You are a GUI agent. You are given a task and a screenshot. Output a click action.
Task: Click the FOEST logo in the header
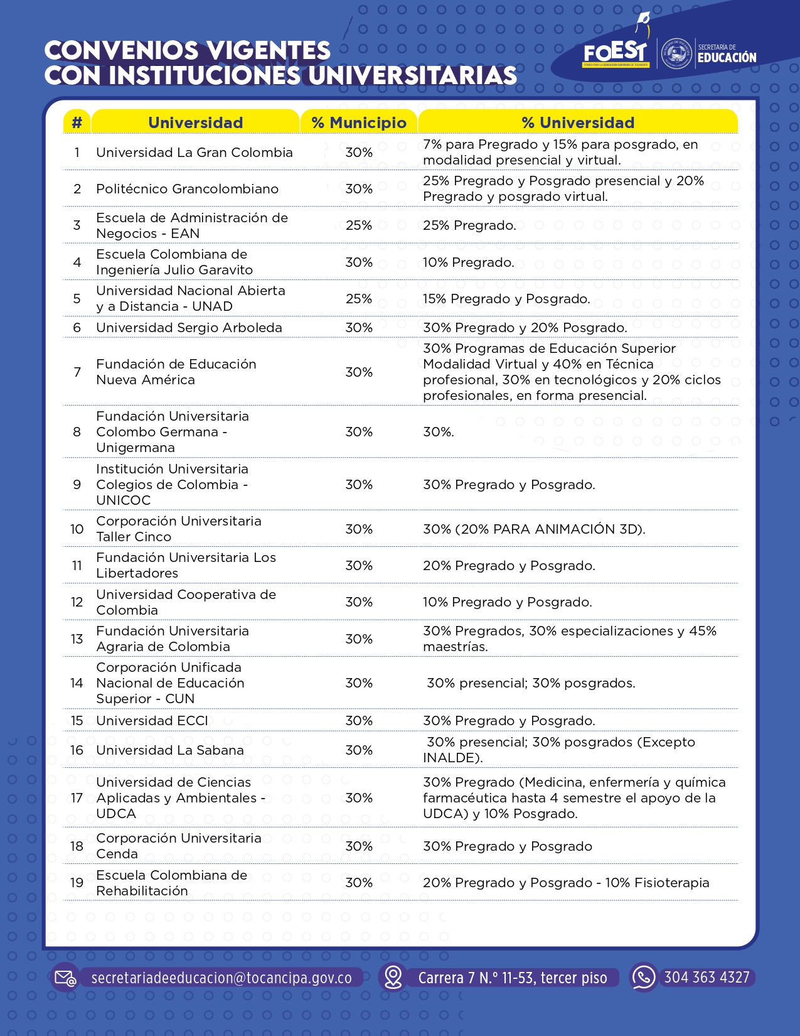615,53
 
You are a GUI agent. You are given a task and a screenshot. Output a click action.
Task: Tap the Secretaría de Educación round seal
677,53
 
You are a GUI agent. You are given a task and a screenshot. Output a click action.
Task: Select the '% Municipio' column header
359,122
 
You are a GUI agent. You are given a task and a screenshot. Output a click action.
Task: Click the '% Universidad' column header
578,122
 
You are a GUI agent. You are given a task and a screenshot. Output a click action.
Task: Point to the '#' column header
77,122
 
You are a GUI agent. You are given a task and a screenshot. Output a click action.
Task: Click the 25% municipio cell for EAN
359,225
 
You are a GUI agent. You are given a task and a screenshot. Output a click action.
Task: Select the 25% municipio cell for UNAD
359,299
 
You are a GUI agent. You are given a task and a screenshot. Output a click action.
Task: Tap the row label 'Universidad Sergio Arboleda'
189,328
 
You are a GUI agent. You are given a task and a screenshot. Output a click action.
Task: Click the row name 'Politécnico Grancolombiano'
187,189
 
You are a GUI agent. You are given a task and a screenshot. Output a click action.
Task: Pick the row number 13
77,639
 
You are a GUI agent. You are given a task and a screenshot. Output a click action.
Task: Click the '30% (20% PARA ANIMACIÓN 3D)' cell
534,529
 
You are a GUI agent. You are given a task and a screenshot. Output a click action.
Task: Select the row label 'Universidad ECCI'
152,721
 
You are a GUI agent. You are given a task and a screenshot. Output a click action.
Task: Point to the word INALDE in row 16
451,758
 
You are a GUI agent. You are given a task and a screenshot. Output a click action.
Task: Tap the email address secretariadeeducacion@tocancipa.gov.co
221,978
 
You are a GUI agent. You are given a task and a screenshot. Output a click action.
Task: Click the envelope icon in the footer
65,978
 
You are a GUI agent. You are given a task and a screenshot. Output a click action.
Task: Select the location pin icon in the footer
393,977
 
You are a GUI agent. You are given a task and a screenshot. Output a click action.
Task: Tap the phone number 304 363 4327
707,978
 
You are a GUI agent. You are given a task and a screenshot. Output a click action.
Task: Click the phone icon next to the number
643,977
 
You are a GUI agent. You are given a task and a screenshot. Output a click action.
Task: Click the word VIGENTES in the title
269,51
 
